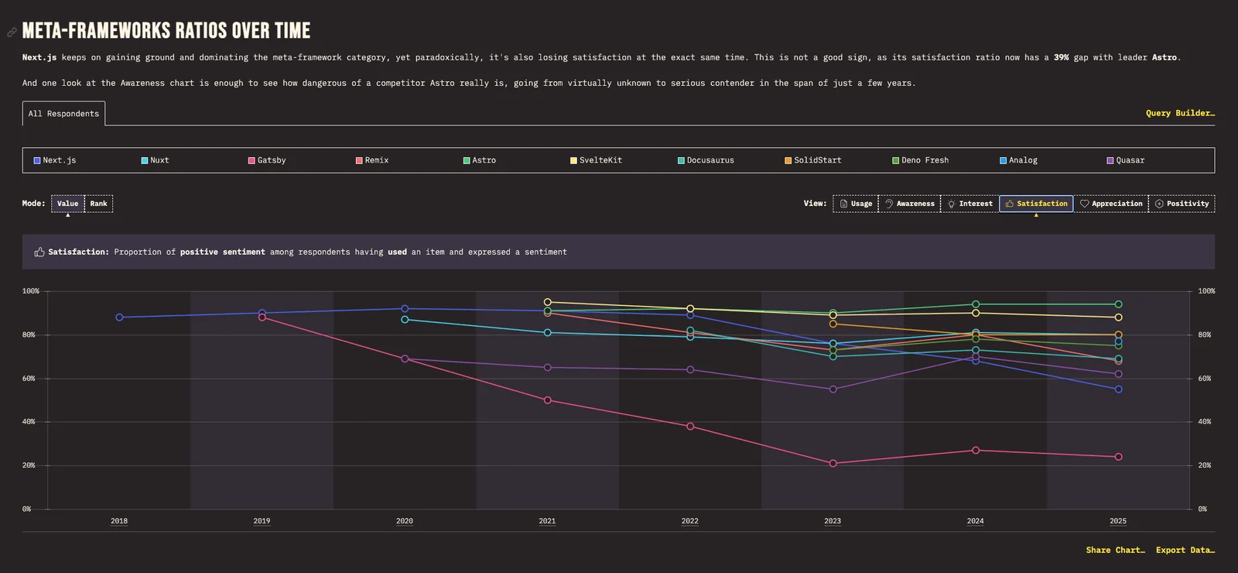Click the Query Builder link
(x=1180, y=113)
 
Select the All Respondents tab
(x=63, y=113)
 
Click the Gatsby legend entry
(x=267, y=160)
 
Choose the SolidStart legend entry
(x=813, y=160)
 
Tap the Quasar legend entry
(x=1125, y=160)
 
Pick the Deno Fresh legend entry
(x=920, y=160)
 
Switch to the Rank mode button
(x=98, y=204)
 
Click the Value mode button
(x=68, y=204)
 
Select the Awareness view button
(x=909, y=204)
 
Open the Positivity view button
(x=1182, y=204)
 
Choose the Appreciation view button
(x=1111, y=204)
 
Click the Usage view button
(x=856, y=204)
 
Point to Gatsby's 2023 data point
(x=833, y=464)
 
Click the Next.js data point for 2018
(x=119, y=317)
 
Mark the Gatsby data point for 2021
(x=548, y=400)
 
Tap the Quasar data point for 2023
(x=833, y=389)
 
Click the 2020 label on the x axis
(x=405, y=521)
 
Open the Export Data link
(x=1185, y=550)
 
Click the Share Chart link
(x=1115, y=550)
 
